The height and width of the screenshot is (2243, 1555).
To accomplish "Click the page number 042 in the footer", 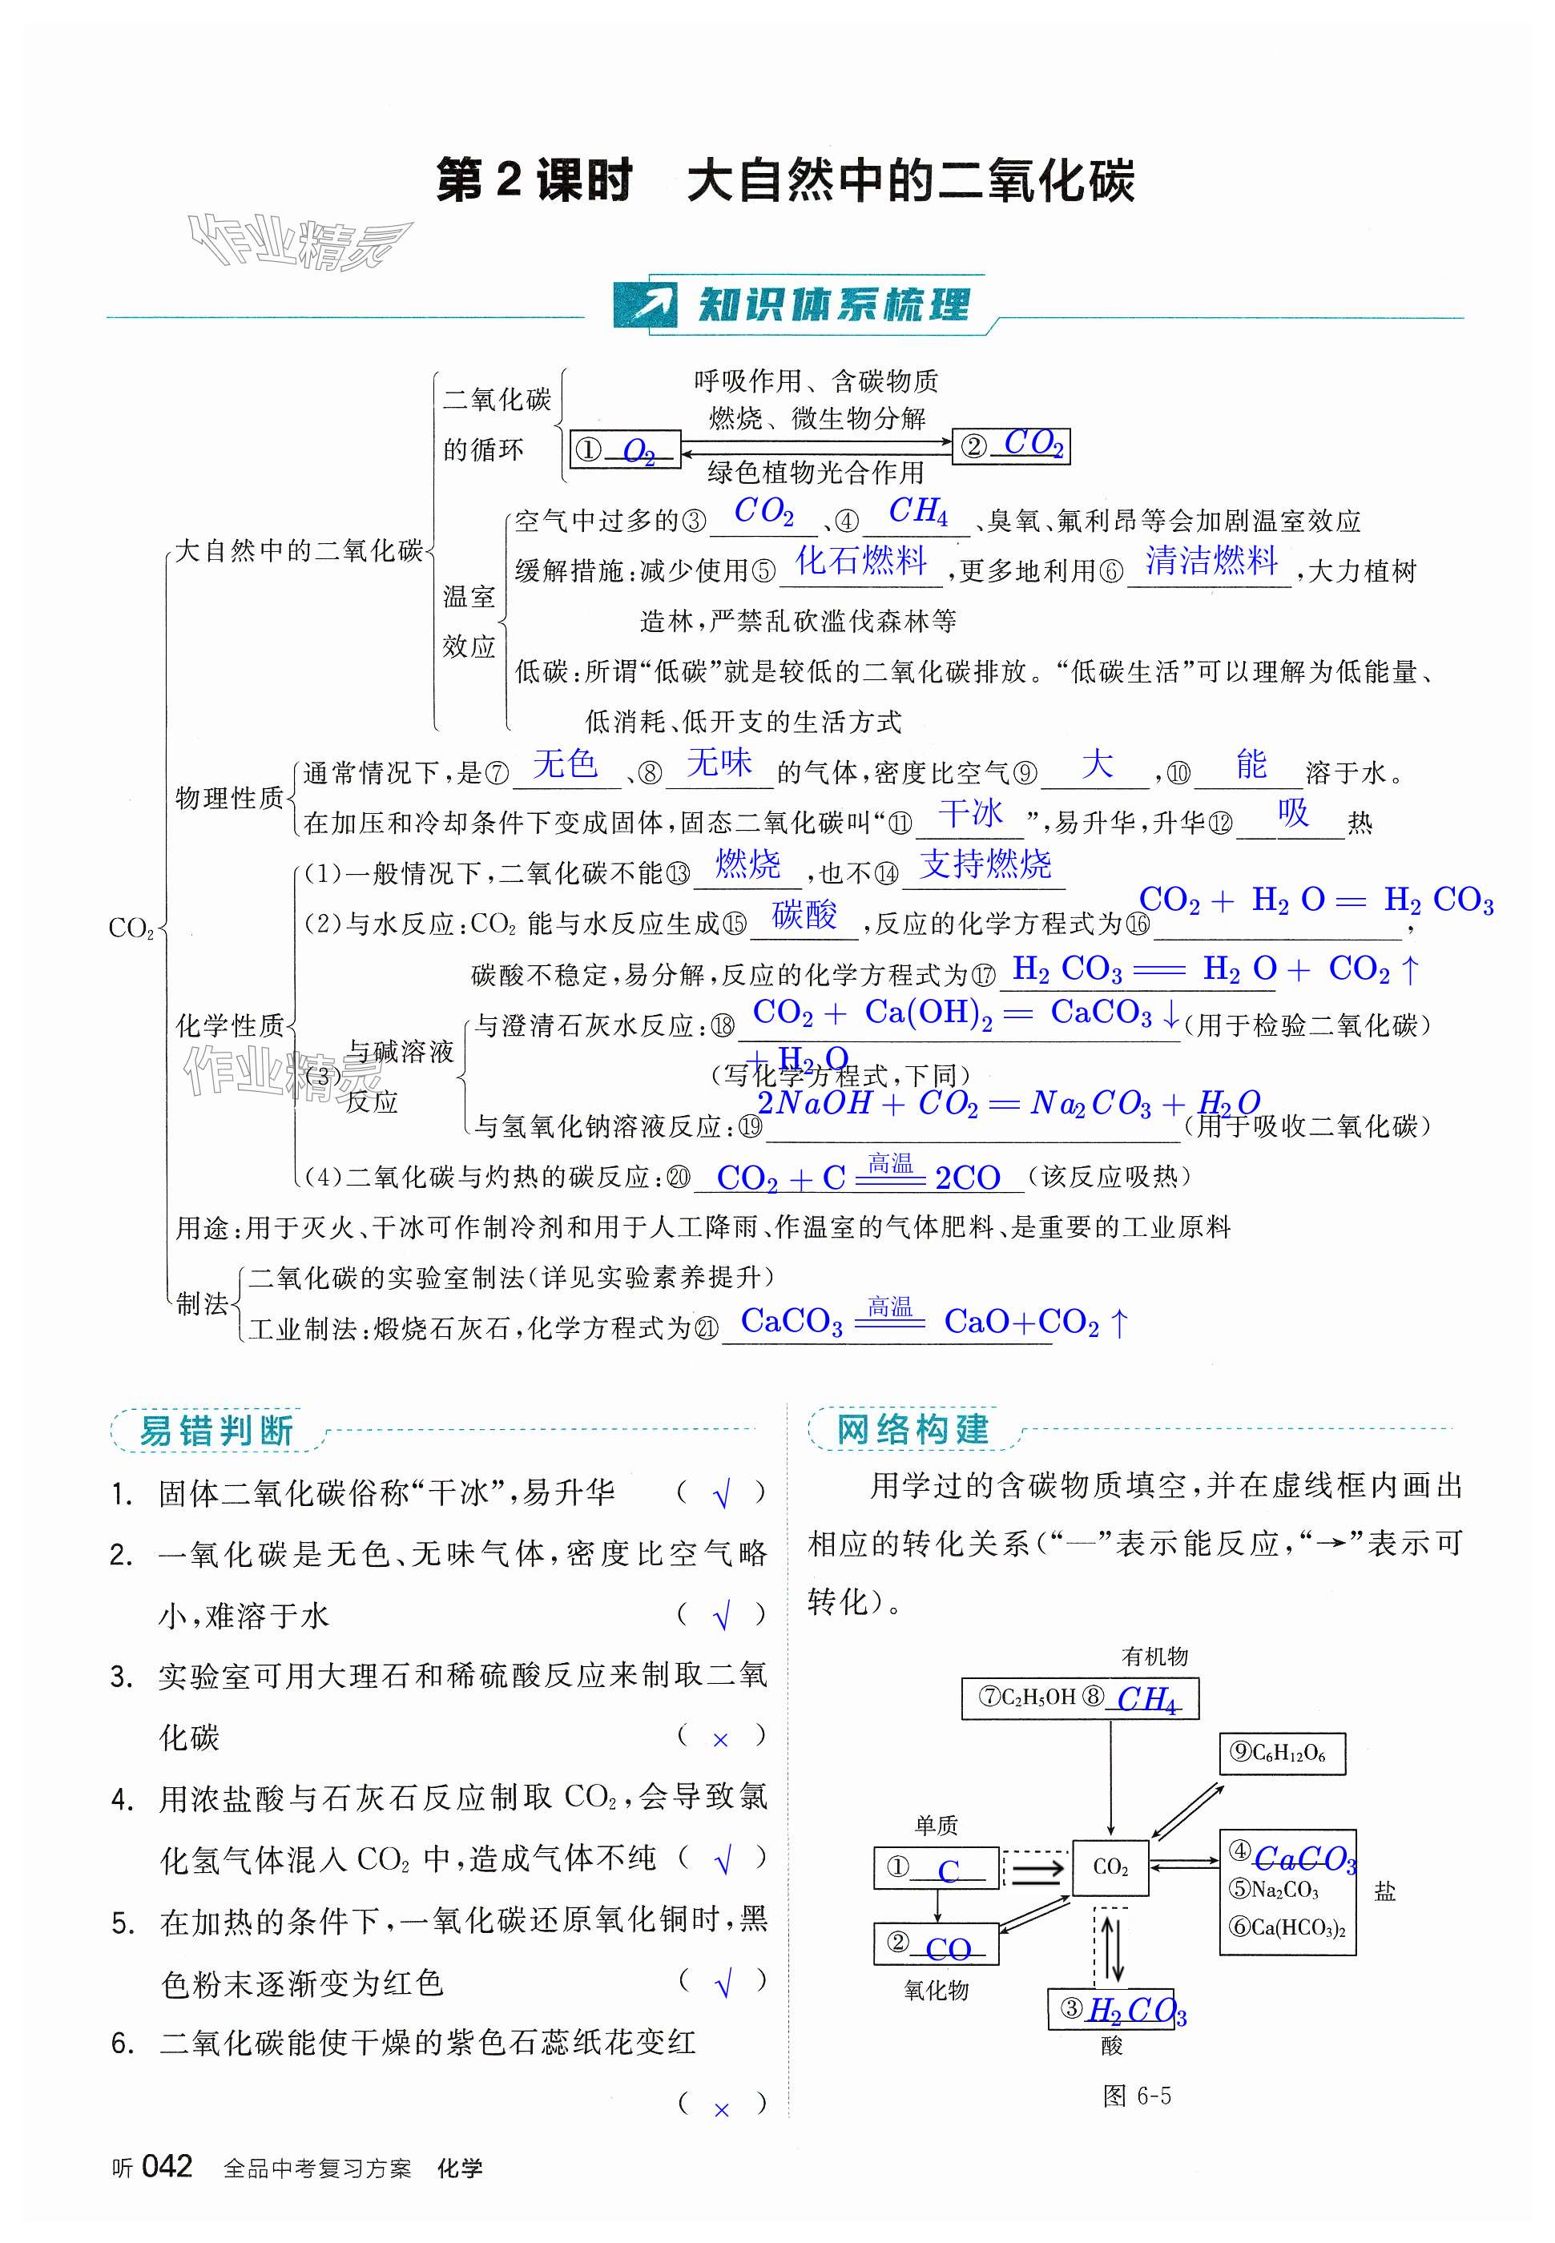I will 167,2166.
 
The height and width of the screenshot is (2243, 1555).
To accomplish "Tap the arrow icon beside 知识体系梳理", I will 644,305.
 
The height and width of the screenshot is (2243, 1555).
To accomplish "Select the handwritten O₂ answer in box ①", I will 639,451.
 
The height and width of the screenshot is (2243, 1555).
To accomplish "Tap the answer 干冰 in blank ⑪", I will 970,813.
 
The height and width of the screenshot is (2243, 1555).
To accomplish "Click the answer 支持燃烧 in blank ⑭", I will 985,864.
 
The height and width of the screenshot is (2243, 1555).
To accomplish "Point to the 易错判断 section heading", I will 216,1431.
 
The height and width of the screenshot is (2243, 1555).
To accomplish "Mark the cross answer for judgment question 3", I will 721,1739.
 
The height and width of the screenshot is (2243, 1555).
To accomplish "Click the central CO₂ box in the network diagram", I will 1110,1867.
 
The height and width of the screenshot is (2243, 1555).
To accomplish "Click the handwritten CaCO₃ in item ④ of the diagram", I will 1303,1858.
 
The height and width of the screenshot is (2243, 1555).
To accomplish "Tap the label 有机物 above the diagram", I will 1154,1656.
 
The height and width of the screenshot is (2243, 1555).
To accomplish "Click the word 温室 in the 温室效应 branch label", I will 469,596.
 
